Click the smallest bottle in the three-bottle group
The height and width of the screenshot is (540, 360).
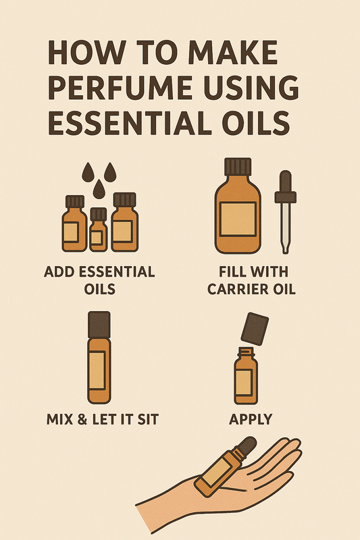[x=98, y=230]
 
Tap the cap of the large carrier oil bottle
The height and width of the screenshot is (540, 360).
[x=238, y=167]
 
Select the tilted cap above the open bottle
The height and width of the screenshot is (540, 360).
[x=255, y=329]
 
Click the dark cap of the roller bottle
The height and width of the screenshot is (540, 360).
[x=99, y=325]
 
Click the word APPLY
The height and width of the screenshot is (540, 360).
[x=251, y=419]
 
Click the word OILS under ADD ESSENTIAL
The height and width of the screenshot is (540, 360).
[x=99, y=289]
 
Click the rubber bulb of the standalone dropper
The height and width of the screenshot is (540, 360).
[x=285, y=182]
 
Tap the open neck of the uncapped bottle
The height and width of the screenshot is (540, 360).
[x=246, y=352]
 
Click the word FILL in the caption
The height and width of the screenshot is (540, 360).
[x=230, y=272]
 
